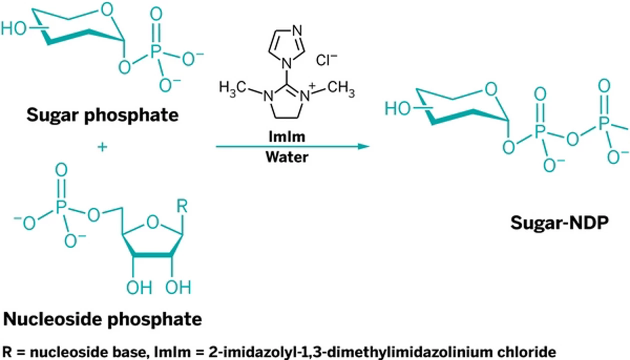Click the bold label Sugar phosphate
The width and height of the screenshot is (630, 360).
(102, 115)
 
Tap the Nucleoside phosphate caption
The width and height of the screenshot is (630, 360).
(102, 319)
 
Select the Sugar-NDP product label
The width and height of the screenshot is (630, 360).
(559, 223)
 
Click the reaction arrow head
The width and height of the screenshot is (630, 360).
(363, 146)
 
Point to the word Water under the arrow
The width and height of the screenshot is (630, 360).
(287, 157)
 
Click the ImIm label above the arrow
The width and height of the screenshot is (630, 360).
(287, 136)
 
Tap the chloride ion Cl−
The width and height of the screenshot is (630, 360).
(326, 60)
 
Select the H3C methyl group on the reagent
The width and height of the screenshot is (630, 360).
(232, 88)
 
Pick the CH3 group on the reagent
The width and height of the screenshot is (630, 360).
(341, 88)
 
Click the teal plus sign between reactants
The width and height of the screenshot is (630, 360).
(102, 147)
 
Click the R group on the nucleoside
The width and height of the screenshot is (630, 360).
(182, 206)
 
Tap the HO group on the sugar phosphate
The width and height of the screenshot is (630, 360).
(13, 28)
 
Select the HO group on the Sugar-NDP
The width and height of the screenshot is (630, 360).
(397, 108)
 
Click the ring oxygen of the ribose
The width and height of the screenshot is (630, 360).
(152, 222)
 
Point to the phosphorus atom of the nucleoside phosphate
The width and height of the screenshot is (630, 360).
(61, 207)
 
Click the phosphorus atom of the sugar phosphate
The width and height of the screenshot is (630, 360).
(156, 51)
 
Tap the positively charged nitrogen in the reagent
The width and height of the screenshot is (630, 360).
(305, 96)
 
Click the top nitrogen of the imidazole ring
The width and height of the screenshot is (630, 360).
(297, 30)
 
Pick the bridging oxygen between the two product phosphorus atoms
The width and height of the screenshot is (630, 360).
(572, 139)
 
